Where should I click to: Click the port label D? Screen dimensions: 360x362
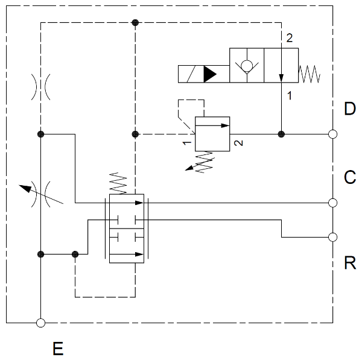click(350, 109)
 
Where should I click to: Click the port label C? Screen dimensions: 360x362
click(350, 178)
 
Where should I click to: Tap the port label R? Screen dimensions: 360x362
click(350, 263)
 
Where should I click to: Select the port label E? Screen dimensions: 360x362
click(58, 349)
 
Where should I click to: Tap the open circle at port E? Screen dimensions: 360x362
click(40, 323)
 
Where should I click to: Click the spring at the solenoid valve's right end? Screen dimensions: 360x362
click(310, 74)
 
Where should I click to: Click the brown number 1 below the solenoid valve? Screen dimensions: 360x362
click(290, 95)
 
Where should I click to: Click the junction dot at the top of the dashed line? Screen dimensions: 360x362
click(135, 23)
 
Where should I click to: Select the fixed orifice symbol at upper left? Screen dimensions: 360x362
click(40, 88)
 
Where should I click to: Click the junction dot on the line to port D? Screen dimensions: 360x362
click(281, 134)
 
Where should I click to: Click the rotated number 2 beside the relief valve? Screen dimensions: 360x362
click(238, 144)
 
